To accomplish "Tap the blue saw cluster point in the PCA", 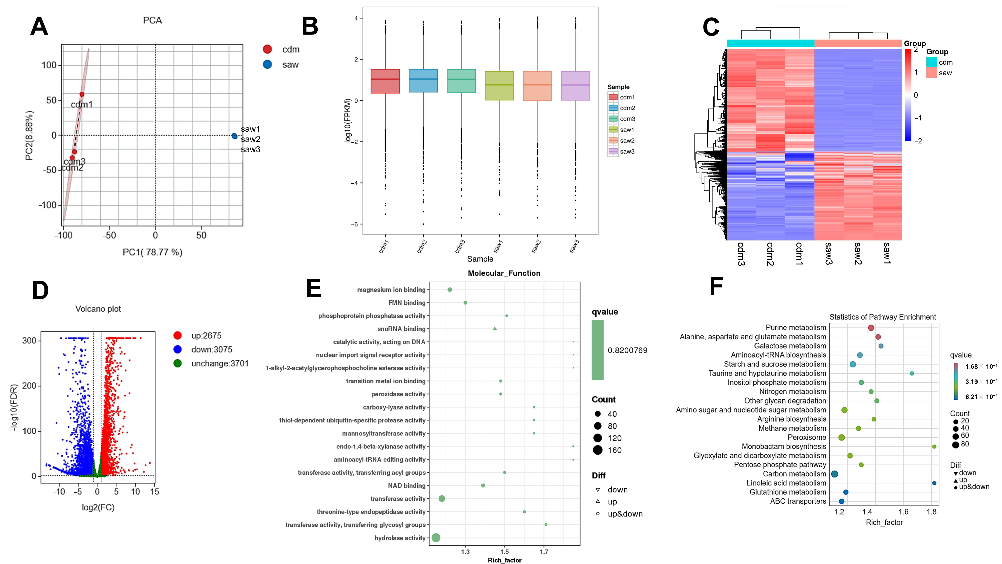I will tap(234, 136).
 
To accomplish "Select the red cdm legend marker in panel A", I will tap(267, 49).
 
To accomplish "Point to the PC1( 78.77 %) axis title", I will tap(153, 252).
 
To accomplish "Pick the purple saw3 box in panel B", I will tap(575, 86).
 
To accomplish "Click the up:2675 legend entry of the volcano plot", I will tap(206, 335).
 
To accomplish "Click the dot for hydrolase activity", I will tap(436, 538).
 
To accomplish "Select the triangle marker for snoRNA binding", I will tap(495, 328).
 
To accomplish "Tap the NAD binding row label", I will tap(406, 486).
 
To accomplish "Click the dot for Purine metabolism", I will tap(871, 328).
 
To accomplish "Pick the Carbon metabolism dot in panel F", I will tap(834, 474).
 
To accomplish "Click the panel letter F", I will tap(716, 287).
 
